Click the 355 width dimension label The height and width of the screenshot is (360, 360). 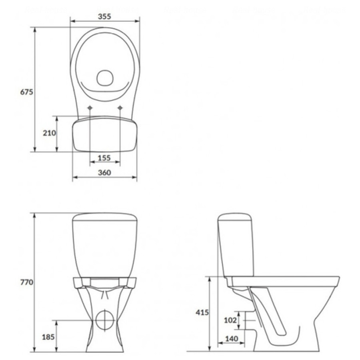click(104, 16)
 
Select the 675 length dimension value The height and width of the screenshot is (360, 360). click(27, 92)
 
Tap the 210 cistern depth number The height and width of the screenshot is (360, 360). click(49, 133)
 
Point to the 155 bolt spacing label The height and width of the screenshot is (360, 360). click(104, 158)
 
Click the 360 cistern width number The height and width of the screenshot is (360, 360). click(104, 172)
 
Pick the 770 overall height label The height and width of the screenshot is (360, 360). click(27, 282)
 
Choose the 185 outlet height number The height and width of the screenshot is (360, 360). click(48, 337)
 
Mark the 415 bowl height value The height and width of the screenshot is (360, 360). click(202, 312)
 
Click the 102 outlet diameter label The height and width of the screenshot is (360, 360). click(230, 320)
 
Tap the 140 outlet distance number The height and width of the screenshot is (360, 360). click(232, 339)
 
